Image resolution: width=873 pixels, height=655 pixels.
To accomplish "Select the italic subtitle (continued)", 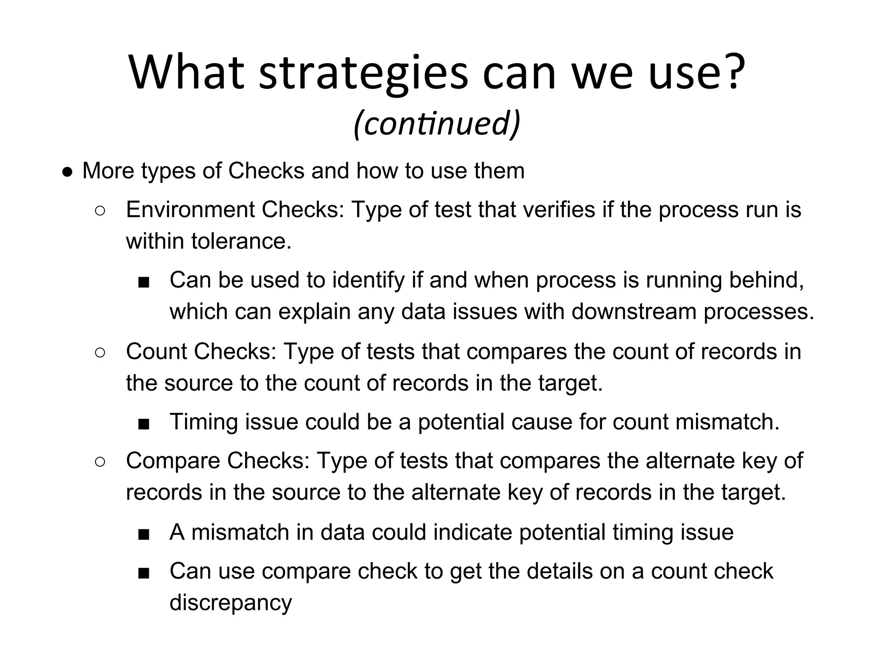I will [x=437, y=123].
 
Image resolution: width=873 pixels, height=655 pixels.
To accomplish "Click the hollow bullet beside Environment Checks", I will [x=100, y=211].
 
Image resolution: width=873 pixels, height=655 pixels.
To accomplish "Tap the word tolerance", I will [x=241, y=241].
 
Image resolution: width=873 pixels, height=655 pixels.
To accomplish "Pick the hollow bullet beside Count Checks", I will [x=100, y=353].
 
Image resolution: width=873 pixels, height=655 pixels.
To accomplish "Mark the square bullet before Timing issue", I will [x=144, y=423].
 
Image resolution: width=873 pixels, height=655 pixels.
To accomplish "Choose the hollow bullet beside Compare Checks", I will [x=100, y=462].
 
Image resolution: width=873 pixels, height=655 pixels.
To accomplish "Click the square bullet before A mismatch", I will [x=144, y=534].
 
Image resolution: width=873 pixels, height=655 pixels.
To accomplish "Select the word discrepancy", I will [x=231, y=603].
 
